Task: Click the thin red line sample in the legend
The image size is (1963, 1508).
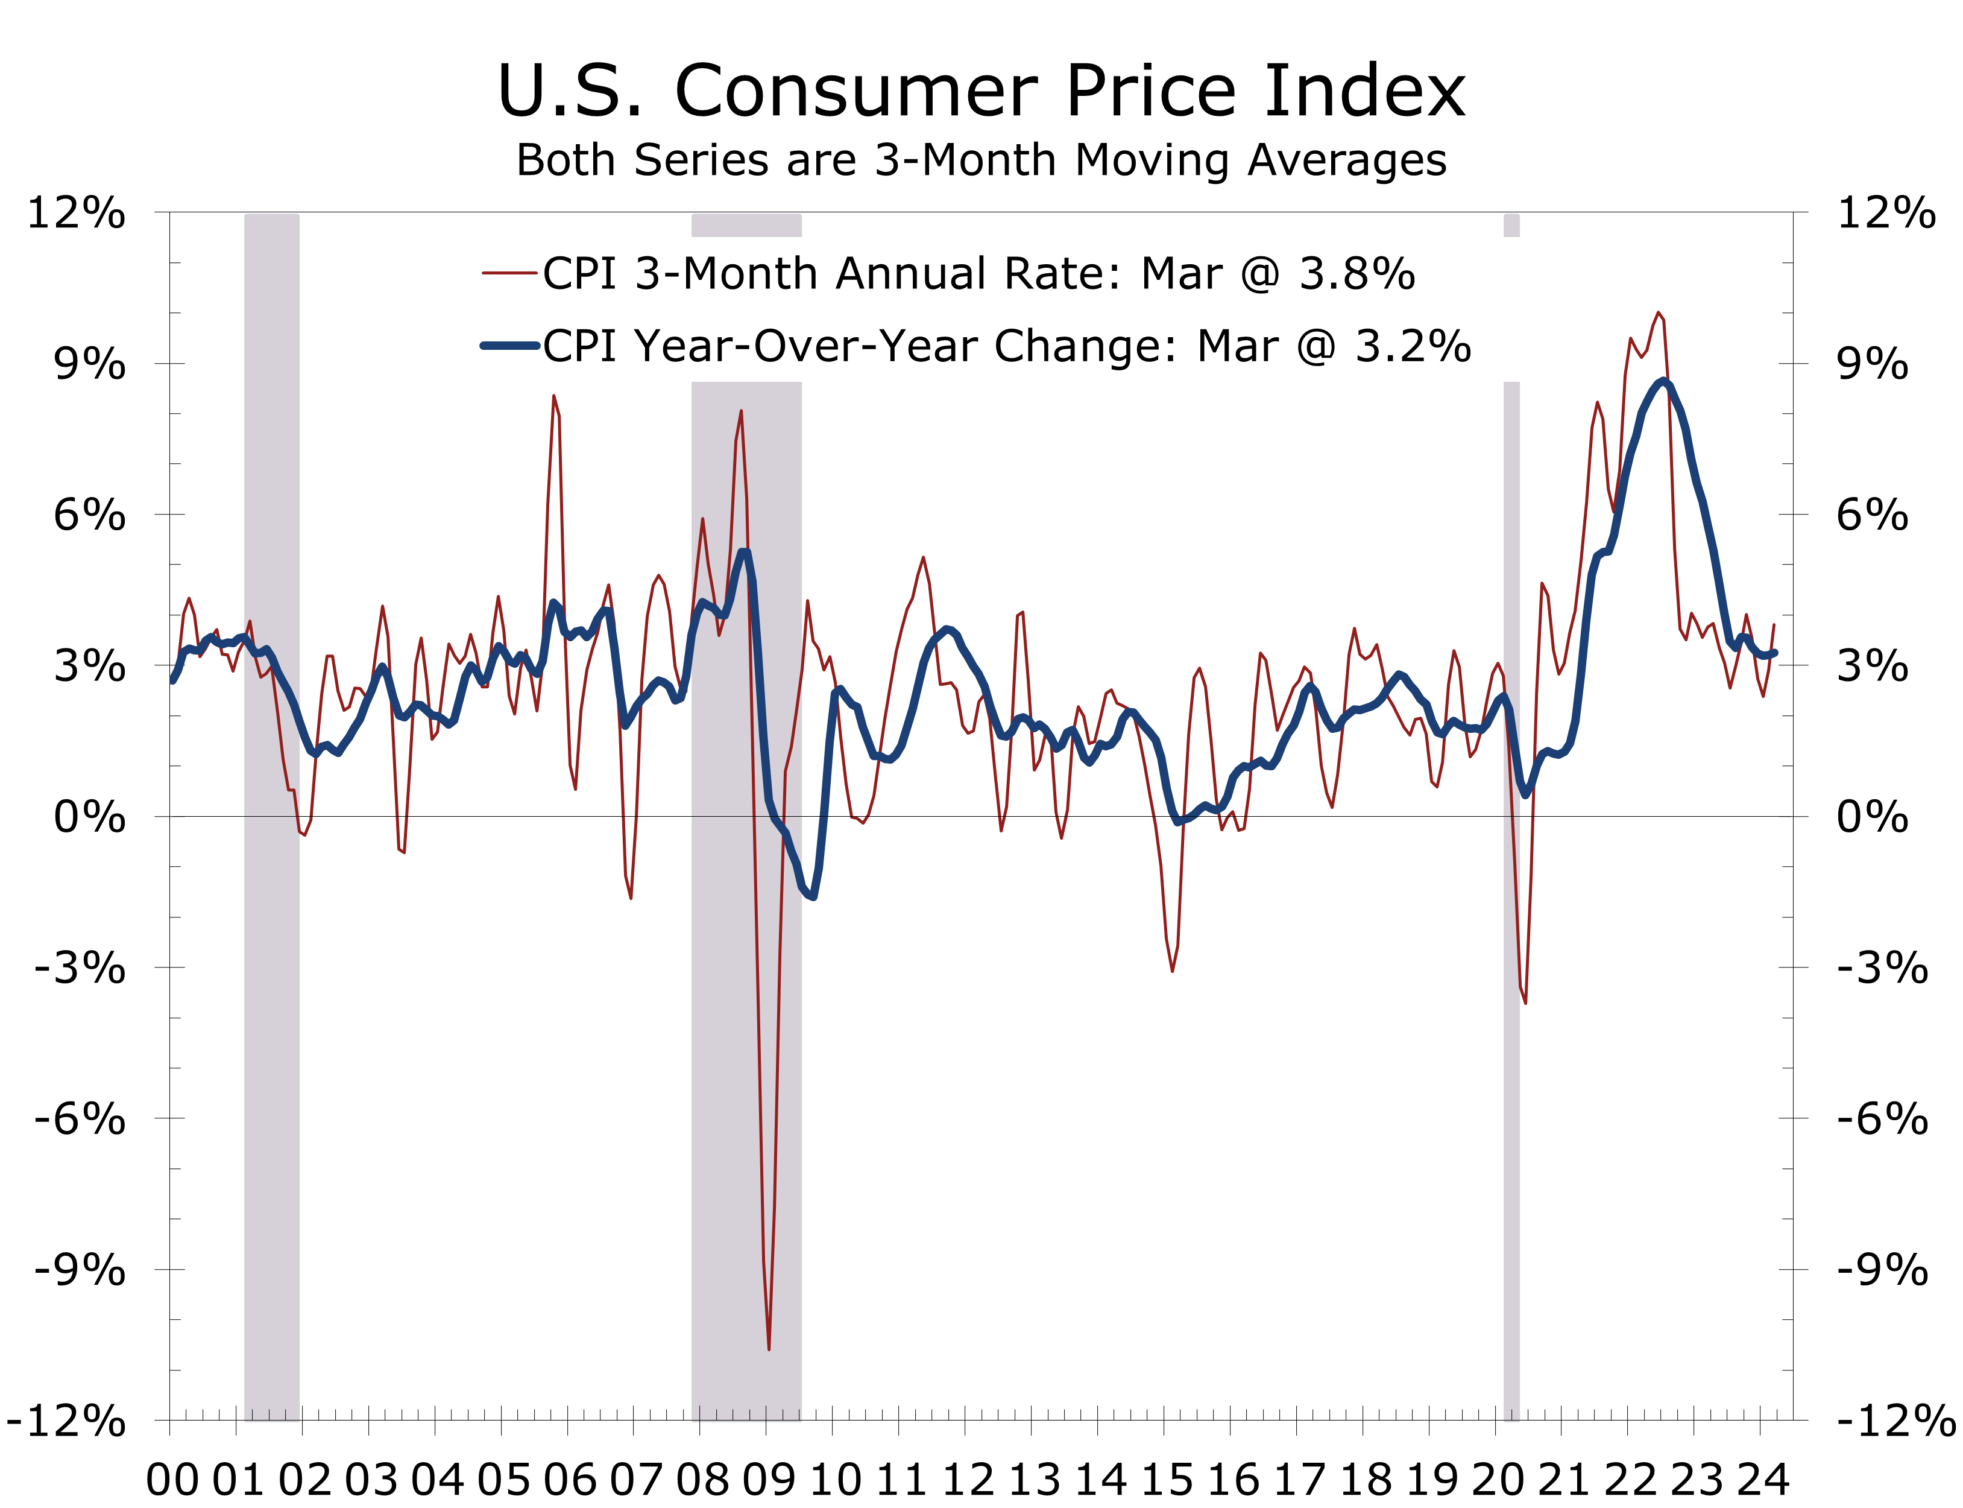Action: [x=509, y=273]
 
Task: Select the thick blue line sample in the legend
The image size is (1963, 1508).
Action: [x=509, y=346]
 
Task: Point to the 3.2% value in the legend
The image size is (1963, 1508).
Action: [x=1413, y=346]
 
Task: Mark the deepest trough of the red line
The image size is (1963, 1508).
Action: [x=769, y=1348]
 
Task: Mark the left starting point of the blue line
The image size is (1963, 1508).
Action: [x=173, y=681]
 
